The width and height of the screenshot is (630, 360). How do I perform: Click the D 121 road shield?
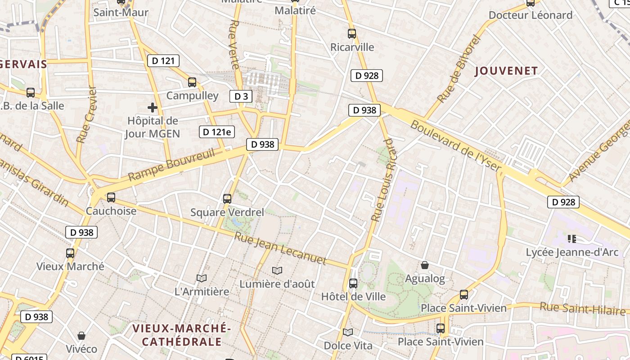pyautogui.click(x=163, y=61)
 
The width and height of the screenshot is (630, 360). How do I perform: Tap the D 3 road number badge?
pyautogui.click(x=241, y=96)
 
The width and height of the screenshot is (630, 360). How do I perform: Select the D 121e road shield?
pyautogui.click(x=217, y=132)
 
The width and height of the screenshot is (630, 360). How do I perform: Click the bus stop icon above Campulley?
pyautogui.click(x=192, y=82)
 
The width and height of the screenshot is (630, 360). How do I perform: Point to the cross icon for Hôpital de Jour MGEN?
pyautogui.click(x=153, y=108)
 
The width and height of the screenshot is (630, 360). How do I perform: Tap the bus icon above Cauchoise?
pyautogui.click(x=111, y=197)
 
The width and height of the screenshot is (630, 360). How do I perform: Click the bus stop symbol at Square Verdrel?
pyautogui.click(x=227, y=198)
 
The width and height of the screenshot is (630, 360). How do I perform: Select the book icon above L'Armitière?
pyautogui.click(x=202, y=279)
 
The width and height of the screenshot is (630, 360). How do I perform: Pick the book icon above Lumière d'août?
pyautogui.click(x=277, y=270)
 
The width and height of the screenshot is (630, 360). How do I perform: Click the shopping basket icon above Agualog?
pyautogui.click(x=425, y=265)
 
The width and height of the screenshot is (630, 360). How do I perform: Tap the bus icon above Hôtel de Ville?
pyautogui.click(x=353, y=283)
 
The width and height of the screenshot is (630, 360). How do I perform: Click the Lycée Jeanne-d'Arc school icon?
pyautogui.click(x=572, y=238)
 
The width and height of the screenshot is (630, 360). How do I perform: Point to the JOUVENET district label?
pyautogui.click(x=506, y=71)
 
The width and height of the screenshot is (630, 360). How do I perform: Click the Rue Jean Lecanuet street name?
pyautogui.click(x=280, y=248)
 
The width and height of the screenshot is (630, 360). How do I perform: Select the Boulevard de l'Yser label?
pyautogui.click(x=455, y=146)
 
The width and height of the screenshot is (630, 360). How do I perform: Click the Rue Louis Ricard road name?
pyautogui.click(x=383, y=180)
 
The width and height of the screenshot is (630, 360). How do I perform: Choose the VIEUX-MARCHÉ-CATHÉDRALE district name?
pyautogui.click(x=182, y=335)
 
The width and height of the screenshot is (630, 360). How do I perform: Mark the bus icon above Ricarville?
pyautogui.click(x=352, y=33)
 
